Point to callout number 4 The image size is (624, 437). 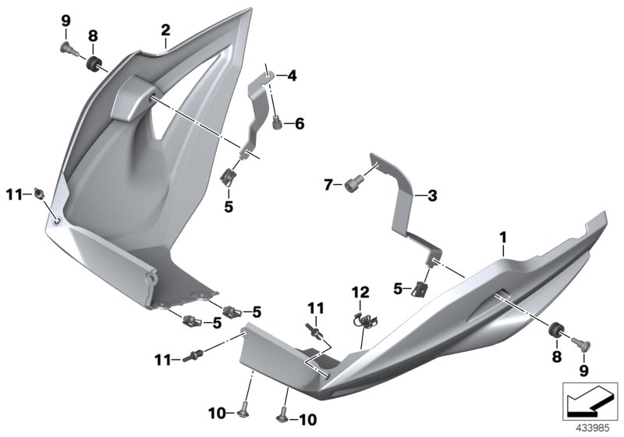pyautogui.click(x=292, y=76)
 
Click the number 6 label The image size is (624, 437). pyautogui.click(x=300, y=123)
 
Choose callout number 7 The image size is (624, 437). pyautogui.click(x=328, y=185)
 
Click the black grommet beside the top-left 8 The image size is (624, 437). pyautogui.click(x=95, y=62)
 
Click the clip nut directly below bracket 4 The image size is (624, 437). pyautogui.click(x=230, y=177)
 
